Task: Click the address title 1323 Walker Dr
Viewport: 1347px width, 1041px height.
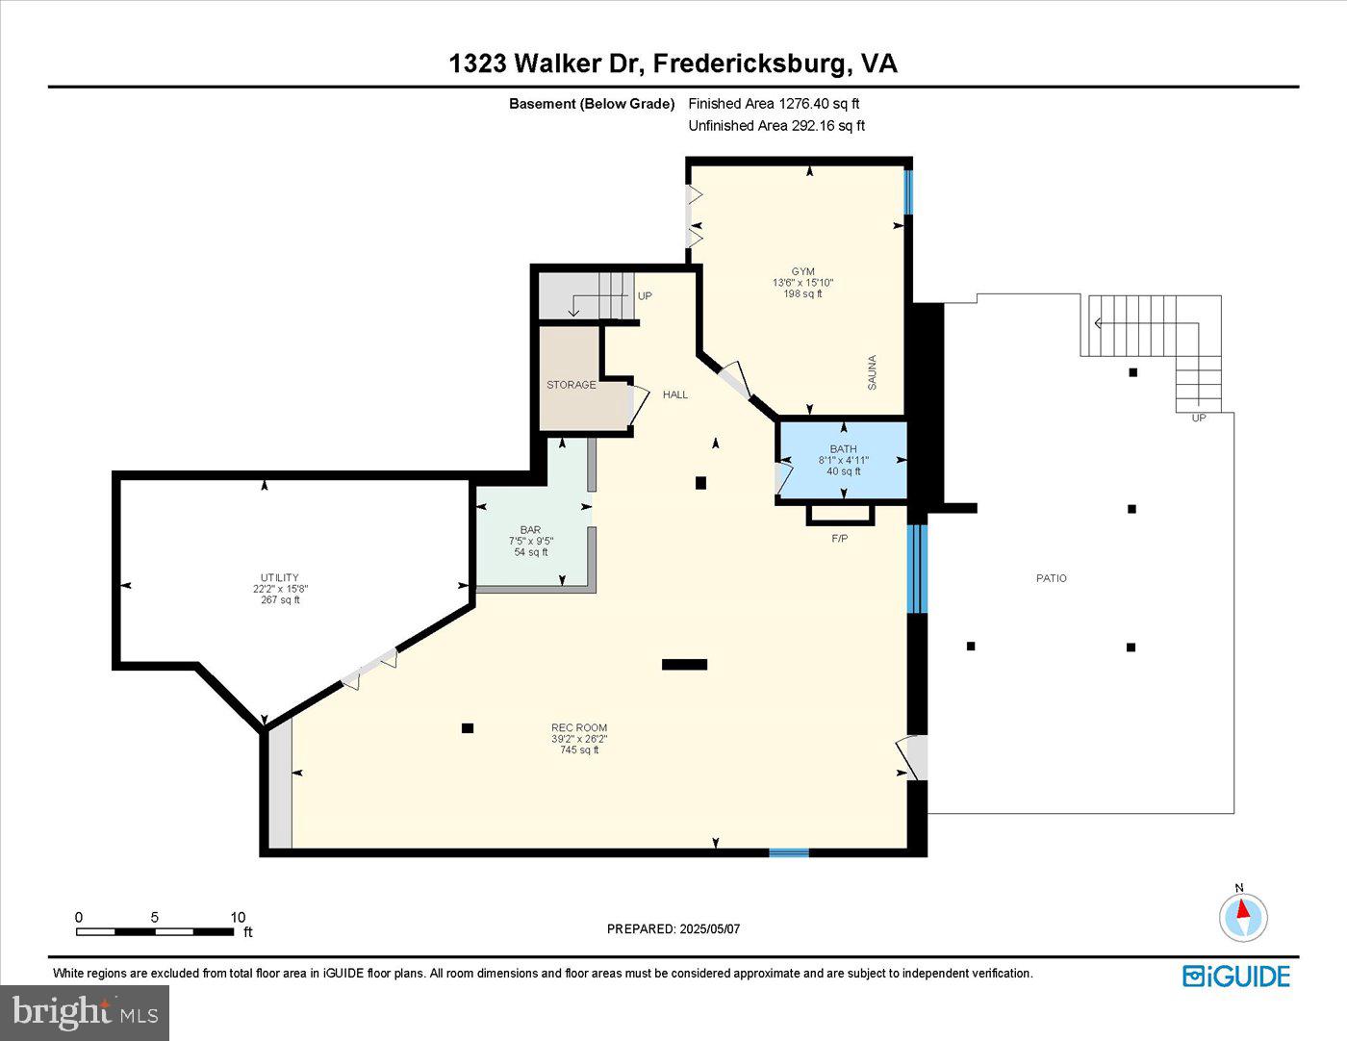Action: (673, 63)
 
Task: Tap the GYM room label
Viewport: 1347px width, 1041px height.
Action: (802, 271)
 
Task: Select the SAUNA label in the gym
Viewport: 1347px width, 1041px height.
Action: (873, 372)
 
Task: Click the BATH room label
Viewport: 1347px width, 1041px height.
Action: (843, 449)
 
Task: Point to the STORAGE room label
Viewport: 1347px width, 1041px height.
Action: (571, 385)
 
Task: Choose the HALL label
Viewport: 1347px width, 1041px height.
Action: (674, 394)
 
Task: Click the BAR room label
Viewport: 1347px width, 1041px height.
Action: (530, 530)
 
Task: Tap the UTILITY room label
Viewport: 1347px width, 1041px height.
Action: (279, 578)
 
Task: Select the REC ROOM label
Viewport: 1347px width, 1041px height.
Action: (578, 728)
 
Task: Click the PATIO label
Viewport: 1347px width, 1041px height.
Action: (1051, 578)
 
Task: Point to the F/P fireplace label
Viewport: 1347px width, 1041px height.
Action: (839, 539)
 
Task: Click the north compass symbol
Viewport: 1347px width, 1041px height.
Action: (1243, 916)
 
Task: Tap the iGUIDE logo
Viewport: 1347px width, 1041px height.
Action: (1235, 976)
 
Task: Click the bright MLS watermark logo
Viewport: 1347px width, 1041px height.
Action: (85, 1012)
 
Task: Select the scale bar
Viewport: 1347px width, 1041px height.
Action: (155, 930)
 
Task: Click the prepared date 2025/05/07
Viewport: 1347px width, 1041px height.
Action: (673, 928)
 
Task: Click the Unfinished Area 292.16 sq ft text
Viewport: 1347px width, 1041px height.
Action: (776, 126)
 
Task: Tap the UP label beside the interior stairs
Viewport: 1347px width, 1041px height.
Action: (645, 296)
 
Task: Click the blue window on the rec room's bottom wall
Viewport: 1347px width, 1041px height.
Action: (788, 851)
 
